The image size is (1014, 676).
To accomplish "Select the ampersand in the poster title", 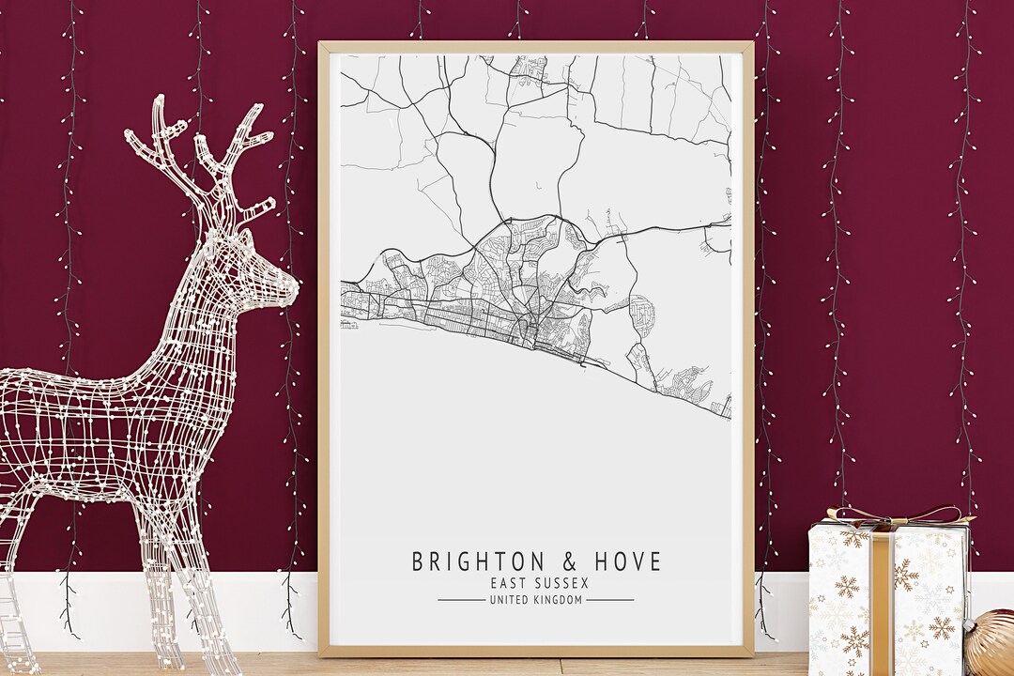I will [x=570, y=562].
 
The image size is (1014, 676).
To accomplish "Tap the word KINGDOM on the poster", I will [x=561, y=600].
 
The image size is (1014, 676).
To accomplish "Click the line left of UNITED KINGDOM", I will [x=460, y=600].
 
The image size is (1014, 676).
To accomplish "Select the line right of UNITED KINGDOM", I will [x=610, y=600].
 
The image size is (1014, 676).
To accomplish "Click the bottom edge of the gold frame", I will [x=535, y=651].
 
